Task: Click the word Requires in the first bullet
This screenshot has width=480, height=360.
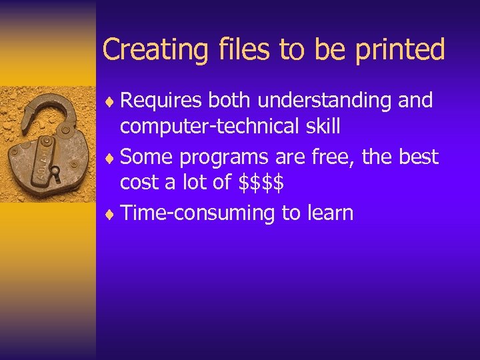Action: pyautogui.click(x=162, y=101)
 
